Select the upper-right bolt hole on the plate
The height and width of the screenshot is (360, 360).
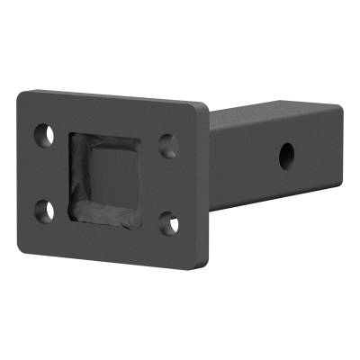(x=167, y=143)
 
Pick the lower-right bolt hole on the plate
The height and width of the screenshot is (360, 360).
(x=168, y=224)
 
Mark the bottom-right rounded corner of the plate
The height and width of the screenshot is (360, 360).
(x=199, y=263)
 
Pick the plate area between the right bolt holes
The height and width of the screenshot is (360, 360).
(x=169, y=184)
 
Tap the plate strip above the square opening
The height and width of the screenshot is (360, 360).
(x=108, y=114)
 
